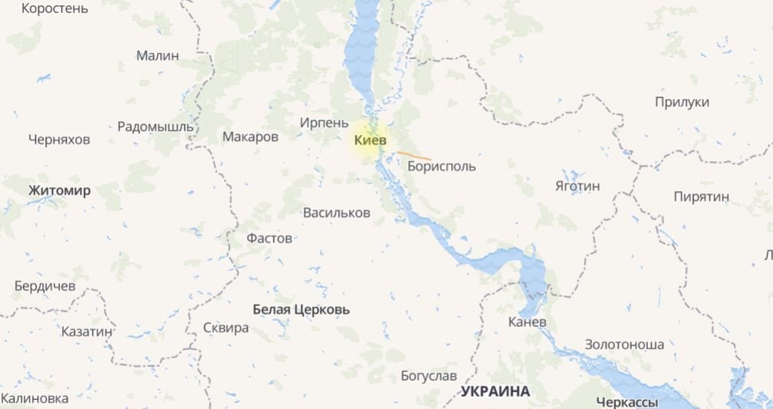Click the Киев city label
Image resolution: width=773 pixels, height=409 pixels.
(x=371, y=140)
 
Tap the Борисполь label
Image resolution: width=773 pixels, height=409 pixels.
(x=442, y=166)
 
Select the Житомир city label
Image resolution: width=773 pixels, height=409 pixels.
(x=59, y=190)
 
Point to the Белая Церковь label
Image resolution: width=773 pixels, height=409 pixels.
(x=301, y=309)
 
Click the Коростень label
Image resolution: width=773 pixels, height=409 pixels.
(x=54, y=9)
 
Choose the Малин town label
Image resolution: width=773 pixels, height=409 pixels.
(x=157, y=55)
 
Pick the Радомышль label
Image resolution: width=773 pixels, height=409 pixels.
(x=156, y=127)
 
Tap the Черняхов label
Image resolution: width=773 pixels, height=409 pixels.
(x=59, y=140)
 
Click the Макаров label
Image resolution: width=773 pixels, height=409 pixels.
(x=250, y=137)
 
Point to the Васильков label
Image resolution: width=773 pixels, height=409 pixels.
(x=337, y=213)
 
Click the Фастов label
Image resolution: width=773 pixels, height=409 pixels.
(x=269, y=238)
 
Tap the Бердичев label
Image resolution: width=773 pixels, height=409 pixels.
(x=45, y=285)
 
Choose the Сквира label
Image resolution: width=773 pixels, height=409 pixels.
(x=225, y=328)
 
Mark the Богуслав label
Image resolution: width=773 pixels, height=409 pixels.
(x=429, y=376)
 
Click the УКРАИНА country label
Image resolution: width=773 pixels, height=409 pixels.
(x=495, y=391)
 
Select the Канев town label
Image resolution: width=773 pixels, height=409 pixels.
(x=528, y=322)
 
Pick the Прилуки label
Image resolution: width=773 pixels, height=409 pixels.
(x=682, y=102)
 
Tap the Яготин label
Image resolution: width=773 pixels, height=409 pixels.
(x=577, y=186)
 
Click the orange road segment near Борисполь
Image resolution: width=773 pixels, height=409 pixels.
(x=414, y=155)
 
